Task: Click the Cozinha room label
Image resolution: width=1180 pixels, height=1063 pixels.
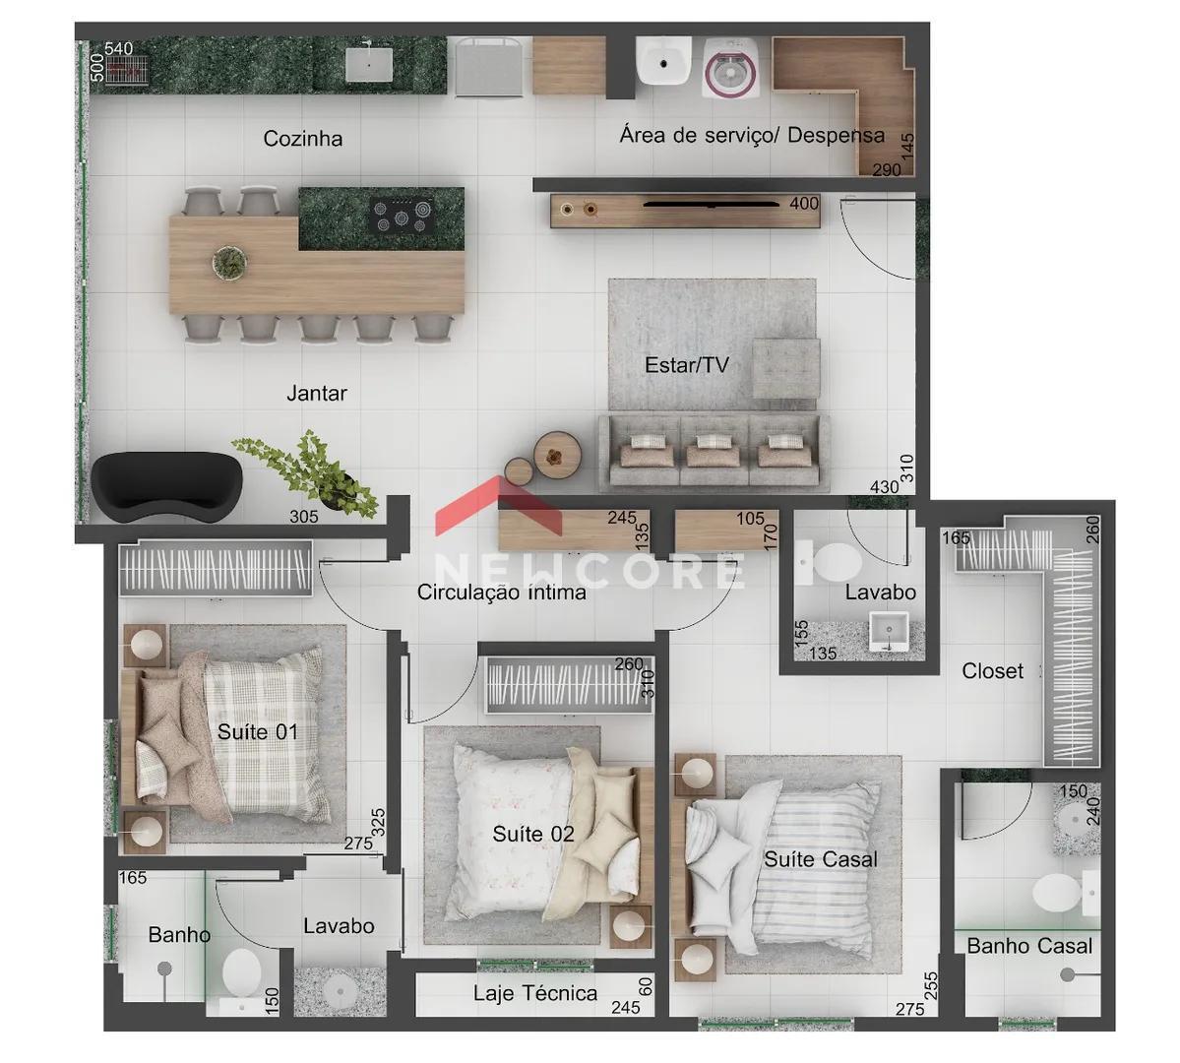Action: [x=302, y=139]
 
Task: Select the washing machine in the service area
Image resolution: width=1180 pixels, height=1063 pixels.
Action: [x=729, y=69]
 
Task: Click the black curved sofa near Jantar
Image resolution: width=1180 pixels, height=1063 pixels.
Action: [x=166, y=485]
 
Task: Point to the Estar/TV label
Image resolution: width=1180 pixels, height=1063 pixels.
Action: [x=686, y=365]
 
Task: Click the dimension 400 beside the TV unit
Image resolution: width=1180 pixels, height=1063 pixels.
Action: [x=804, y=204]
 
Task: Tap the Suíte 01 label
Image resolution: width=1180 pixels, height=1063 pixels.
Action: [x=258, y=731]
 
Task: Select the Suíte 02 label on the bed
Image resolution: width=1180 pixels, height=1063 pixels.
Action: [x=532, y=834]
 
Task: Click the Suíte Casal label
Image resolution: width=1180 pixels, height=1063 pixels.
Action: [x=820, y=859]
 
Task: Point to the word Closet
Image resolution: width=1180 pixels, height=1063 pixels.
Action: [x=992, y=671]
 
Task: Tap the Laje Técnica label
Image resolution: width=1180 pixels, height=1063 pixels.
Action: [x=535, y=993]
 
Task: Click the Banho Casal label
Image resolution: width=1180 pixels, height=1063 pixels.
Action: [x=1028, y=946]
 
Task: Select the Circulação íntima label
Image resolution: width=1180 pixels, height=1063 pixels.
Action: [x=501, y=592]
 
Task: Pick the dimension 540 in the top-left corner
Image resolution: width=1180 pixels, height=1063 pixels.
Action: [x=119, y=48]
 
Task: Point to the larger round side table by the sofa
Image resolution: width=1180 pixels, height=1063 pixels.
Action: [x=557, y=456]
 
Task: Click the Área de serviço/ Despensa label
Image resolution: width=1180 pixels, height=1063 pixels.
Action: [x=752, y=135]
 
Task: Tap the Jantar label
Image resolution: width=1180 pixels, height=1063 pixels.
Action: [x=316, y=393]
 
